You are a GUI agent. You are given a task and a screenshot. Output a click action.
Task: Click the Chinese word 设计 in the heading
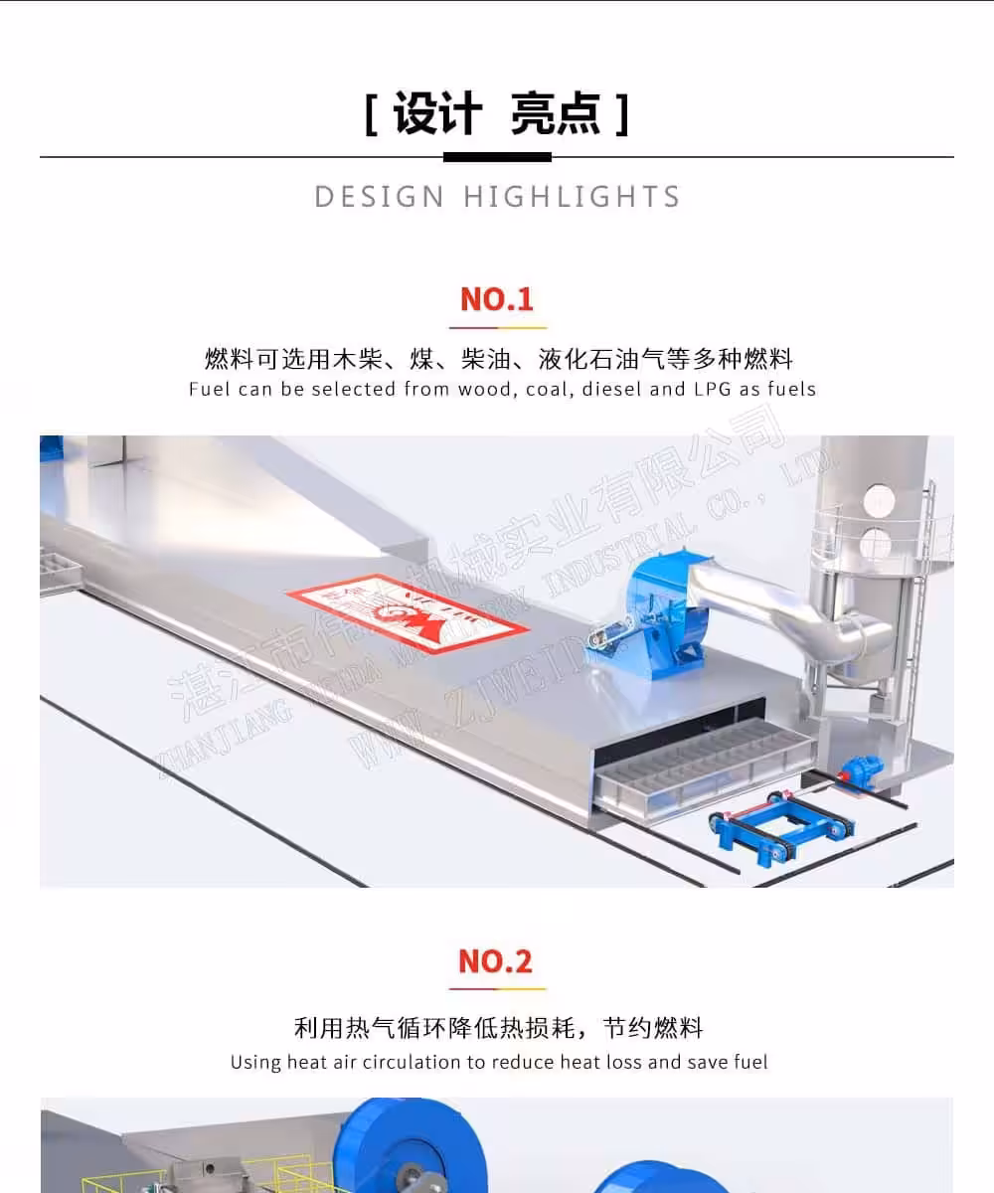(437, 114)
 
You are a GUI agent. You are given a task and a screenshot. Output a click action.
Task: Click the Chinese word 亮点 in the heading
(556, 114)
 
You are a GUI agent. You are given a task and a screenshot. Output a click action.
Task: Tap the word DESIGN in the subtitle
(380, 197)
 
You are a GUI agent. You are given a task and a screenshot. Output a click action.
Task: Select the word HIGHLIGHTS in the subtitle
(572, 197)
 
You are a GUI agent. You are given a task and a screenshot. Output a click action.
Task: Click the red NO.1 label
(497, 299)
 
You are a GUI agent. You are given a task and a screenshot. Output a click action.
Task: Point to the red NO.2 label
(496, 961)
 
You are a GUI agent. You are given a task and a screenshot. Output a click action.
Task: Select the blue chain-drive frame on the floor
(780, 830)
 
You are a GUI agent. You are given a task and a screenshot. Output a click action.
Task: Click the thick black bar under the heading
(497, 157)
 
